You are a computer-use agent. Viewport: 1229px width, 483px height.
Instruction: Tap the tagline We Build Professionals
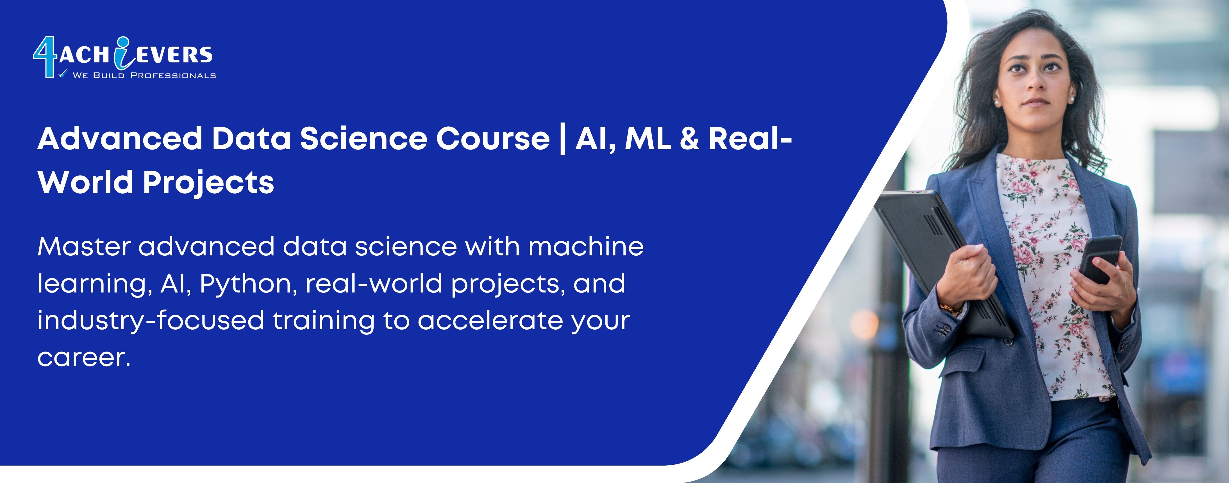[144, 75]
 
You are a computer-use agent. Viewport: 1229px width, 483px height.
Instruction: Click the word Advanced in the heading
[120, 139]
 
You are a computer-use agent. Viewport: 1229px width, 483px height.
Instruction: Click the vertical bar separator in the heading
[563, 139]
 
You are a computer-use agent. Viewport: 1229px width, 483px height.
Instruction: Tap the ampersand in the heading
[689, 139]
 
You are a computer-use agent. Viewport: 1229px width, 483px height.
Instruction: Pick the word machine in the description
[586, 247]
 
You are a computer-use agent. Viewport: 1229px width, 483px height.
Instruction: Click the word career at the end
[83, 358]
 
